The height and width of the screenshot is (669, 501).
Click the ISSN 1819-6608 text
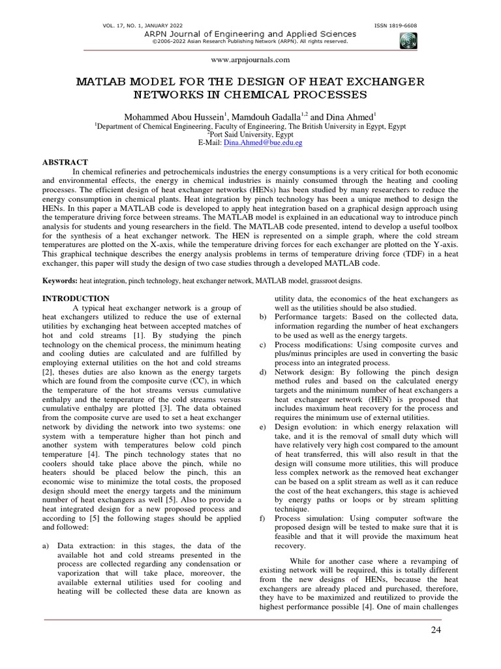coord(395,25)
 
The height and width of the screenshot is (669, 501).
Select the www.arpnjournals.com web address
coord(250,59)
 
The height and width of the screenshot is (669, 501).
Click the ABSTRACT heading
coord(65,161)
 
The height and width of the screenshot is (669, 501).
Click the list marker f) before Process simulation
coord(263,517)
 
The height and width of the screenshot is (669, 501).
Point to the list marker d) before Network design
coord(263,372)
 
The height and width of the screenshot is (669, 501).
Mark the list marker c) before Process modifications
coord(263,344)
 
